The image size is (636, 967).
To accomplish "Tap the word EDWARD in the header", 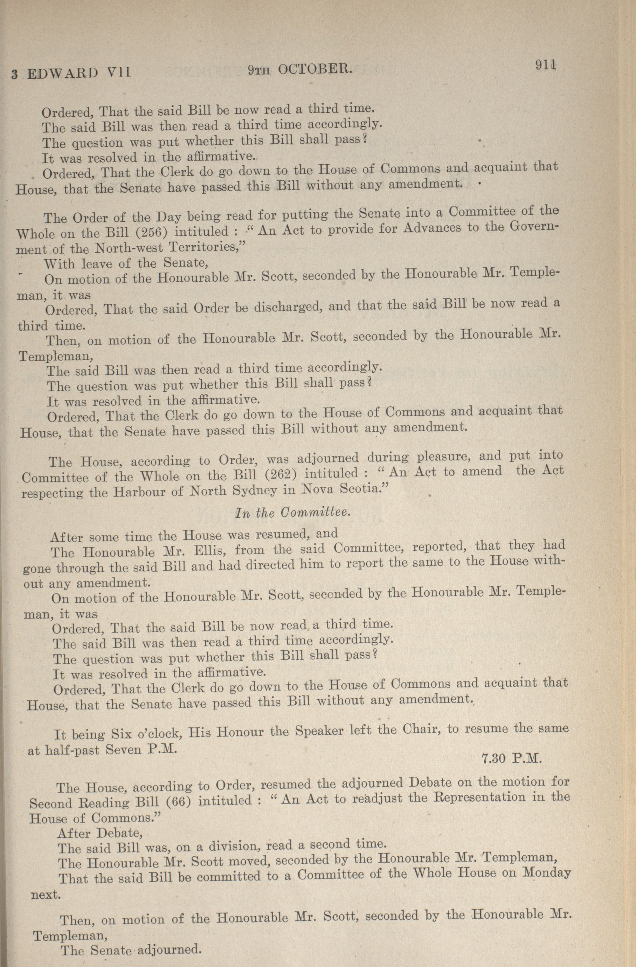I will click(x=62, y=73).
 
